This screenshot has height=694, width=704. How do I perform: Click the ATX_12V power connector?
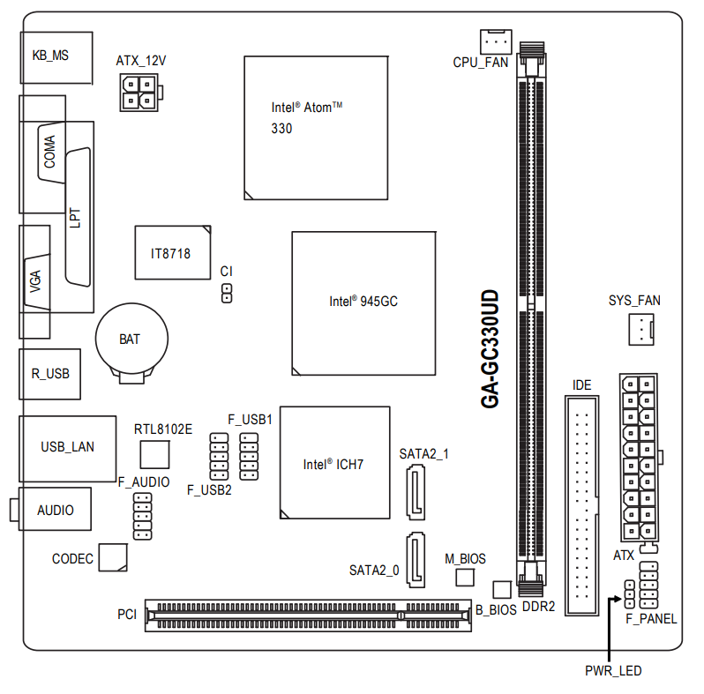[x=139, y=93]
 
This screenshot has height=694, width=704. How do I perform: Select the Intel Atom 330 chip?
[x=316, y=127]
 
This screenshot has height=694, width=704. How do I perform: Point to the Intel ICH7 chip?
[x=334, y=463]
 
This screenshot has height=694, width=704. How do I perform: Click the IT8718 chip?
[x=172, y=253]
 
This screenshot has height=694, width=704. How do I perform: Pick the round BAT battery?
[x=131, y=339]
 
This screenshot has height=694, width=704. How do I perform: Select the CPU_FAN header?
[x=497, y=41]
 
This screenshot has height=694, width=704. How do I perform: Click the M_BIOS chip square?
[x=465, y=578]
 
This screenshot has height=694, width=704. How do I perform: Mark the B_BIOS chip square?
[x=501, y=589]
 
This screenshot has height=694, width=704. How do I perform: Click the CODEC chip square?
[x=112, y=557]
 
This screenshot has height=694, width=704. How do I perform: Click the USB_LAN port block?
[x=68, y=446]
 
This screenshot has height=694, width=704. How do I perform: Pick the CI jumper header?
[x=227, y=293]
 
